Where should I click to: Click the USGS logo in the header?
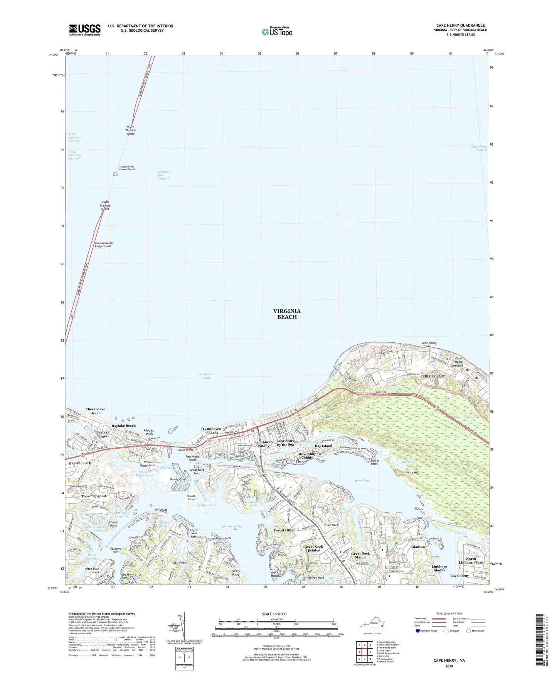(x=85, y=30)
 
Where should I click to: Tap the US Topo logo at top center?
(x=277, y=32)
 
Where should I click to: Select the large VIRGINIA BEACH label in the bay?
(x=287, y=314)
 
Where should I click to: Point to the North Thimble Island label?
(x=131, y=130)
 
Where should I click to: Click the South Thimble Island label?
(x=105, y=205)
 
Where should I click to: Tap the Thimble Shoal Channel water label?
(x=163, y=175)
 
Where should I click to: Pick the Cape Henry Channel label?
(x=478, y=148)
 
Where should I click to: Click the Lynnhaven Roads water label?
(x=205, y=376)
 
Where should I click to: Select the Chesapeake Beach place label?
(x=95, y=411)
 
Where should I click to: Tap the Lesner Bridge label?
(x=185, y=450)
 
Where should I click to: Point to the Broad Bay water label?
(x=362, y=481)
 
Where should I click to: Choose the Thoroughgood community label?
(x=93, y=496)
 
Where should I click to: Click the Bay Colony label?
(x=459, y=576)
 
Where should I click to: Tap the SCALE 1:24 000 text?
(x=274, y=614)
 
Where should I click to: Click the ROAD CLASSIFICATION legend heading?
(x=449, y=613)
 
